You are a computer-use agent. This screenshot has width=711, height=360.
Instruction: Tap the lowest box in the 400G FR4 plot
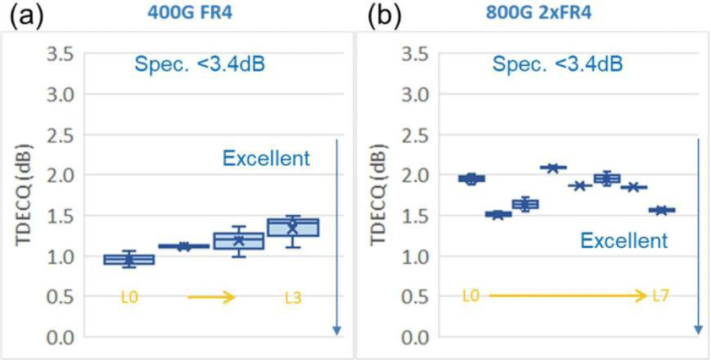point(122,260)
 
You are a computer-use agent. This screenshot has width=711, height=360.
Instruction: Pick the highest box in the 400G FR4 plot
point(292,226)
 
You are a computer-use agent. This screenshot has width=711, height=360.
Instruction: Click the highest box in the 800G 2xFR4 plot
point(552,168)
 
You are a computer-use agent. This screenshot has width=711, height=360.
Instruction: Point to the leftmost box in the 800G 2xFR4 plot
point(471,179)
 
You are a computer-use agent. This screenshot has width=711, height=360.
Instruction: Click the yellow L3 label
point(292,297)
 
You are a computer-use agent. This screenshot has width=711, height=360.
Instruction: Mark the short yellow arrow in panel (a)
point(211,297)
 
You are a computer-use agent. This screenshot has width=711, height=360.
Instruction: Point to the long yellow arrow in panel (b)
point(567,297)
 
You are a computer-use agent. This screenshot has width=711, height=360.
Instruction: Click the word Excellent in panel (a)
point(267,159)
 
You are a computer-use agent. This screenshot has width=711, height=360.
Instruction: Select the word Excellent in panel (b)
point(624,240)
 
